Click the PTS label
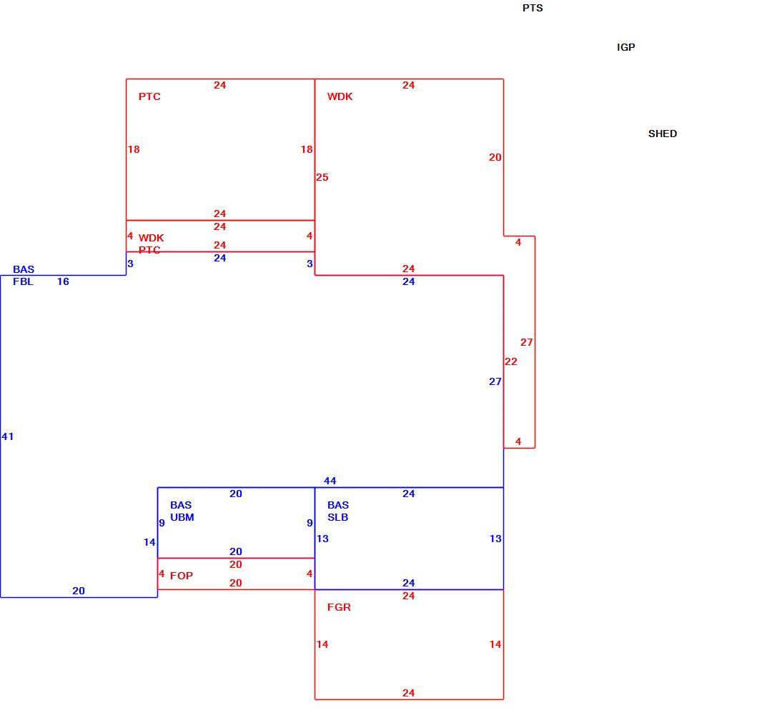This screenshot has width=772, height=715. pyautogui.click(x=533, y=8)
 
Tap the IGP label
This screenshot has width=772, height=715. pyautogui.click(x=625, y=47)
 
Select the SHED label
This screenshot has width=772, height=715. pyautogui.click(x=662, y=134)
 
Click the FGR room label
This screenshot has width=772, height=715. pyautogui.click(x=339, y=607)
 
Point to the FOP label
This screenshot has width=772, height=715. pyautogui.click(x=181, y=576)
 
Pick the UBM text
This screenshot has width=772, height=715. pyautogui.click(x=182, y=517)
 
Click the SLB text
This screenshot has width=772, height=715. pyautogui.click(x=337, y=517)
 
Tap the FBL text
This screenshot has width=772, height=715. pyautogui.click(x=23, y=281)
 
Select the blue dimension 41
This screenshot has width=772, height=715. pyautogui.click(x=7, y=436)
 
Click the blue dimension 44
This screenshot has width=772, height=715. pyautogui.click(x=330, y=481)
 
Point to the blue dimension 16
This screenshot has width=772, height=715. pyautogui.click(x=63, y=281)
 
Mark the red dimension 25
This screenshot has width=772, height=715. pyautogui.click(x=322, y=177)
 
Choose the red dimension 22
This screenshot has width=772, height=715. pyautogui.click(x=511, y=361)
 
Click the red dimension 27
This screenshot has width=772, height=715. pyautogui.click(x=526, y=342)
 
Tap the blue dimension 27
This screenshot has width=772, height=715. pyautogui.click(x=495, y=381)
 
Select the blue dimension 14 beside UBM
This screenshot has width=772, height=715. pyautogui.click(x=149, y=542)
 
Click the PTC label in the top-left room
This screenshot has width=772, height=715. pyautogui.click(x=149, y=96)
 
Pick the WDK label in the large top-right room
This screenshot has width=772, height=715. pyautogui.click(x=340, y=96)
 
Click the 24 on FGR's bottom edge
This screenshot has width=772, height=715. pyautogui.click(x=409, y=693)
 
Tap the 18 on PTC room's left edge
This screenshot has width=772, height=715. pyautogui.click(x=134, y=149)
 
